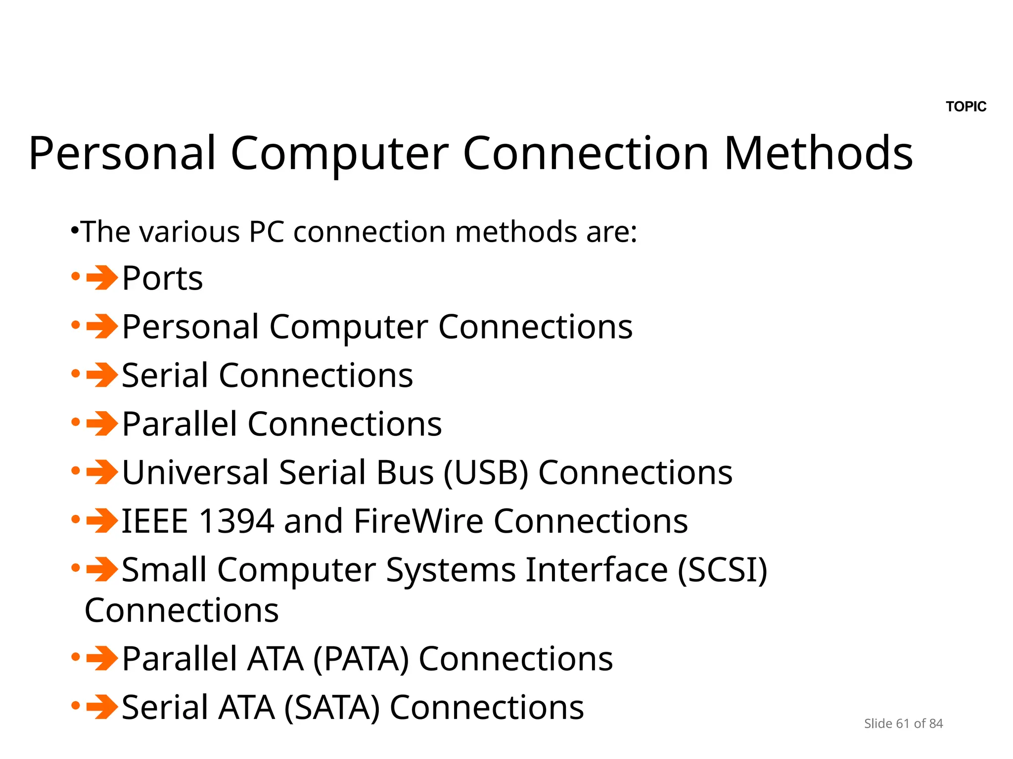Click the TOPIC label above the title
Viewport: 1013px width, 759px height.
966,107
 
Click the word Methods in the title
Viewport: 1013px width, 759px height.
818,153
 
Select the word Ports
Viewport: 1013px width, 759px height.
162,278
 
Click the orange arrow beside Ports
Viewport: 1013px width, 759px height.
101,278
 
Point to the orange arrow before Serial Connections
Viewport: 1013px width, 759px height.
101,375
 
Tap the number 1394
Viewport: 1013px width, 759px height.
236,521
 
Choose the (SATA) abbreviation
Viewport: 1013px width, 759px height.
332,708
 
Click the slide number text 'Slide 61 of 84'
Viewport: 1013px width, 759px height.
903,723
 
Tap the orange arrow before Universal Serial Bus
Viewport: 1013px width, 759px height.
101,472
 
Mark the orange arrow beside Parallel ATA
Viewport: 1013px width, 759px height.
101,659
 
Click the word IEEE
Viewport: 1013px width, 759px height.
155,521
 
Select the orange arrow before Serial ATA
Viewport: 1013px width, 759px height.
101,707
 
